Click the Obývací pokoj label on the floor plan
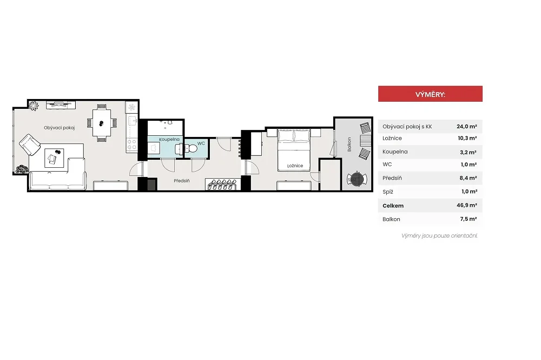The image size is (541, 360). point(59,128)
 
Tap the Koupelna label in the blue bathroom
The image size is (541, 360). point(169,140)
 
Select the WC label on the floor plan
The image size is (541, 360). point(201,143)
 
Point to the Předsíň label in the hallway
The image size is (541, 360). point(182,181)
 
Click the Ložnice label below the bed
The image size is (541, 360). point(295,166)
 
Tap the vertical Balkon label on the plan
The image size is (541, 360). point(349,145)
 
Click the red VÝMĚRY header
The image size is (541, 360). point(430,94)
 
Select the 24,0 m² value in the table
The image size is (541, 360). point(467,127)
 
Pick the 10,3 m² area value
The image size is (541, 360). point(467,139)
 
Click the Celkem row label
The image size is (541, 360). point(393,206)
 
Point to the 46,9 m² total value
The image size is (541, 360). point(467,205)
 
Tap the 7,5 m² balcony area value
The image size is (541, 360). point(469,219)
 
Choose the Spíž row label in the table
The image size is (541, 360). point(388,192)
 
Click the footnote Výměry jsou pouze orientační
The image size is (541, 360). point(439,235)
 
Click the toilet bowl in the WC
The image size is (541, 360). point(190,149)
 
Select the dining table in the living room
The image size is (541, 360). point(102,123)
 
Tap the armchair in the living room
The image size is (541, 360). point(30,145)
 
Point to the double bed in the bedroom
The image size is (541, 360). point(294,150)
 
